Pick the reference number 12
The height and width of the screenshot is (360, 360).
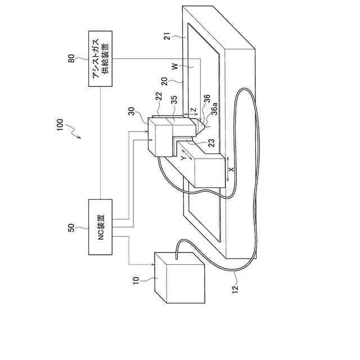point(235,289)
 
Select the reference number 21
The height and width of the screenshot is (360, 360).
point(166,38)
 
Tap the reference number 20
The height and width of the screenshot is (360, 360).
point(166,82)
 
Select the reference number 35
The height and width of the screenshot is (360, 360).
point(175,98)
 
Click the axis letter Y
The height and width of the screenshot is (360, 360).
point(184,159)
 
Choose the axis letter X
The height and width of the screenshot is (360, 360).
point(231,168)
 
